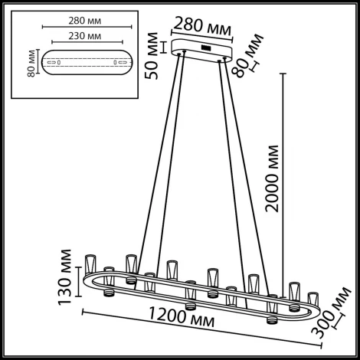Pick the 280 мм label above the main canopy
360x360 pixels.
[x=204, y=26]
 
